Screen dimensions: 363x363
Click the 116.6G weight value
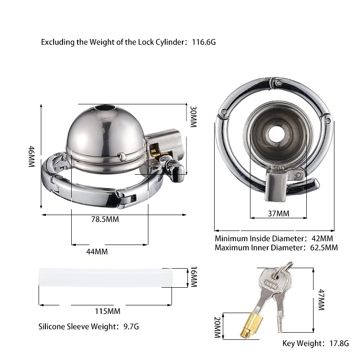pos(204,42)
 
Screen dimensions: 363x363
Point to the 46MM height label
pos(31,156)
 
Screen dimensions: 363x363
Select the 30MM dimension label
pos(193,117)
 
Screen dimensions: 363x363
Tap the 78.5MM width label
pos(105,219)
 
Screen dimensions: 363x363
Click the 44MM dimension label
pos(97,252)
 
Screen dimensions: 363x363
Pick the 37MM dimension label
pos(279,213)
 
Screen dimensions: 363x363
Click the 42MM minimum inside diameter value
pos(322,239)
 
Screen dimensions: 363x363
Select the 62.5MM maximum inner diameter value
pos(324,247)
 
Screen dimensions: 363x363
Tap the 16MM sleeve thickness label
pos(194,277)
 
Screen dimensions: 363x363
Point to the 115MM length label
pos(108,311)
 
